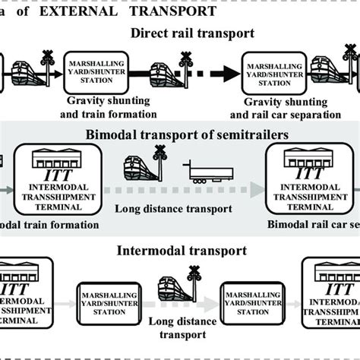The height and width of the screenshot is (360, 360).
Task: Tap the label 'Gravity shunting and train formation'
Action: point(112,109)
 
